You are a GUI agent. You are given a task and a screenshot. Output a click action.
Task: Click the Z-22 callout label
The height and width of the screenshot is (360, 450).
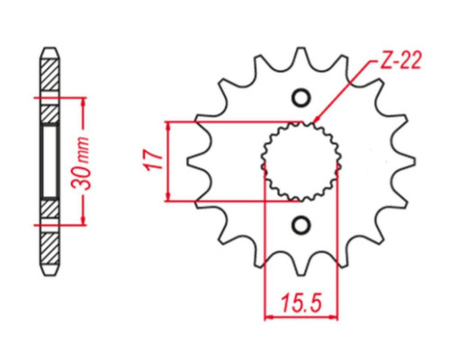click(x=401, y=60)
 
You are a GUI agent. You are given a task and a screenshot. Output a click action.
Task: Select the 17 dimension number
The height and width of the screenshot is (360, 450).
click(x=154, y=161)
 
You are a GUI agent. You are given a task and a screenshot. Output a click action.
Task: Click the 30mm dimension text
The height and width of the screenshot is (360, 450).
click(x=81, y=163)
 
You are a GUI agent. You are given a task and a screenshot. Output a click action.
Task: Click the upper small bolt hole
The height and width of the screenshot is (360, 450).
click(x=301, y=97)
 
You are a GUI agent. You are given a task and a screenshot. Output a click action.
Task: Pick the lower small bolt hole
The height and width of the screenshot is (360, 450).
click(x=301, y=225)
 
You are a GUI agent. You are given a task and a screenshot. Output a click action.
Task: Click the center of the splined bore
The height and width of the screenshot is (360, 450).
click(x=301, y=161)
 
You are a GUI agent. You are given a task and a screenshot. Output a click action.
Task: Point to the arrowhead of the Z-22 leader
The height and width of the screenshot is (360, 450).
click(x=316, y=120)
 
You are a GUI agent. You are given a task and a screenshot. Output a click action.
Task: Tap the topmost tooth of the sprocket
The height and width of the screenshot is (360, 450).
click(x=301, y=56)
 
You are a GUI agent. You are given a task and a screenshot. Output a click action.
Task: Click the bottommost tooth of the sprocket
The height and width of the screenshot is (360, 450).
click(x=301, y=267)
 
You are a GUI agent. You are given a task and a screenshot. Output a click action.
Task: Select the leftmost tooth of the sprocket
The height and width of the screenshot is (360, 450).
click(x=195, y=161)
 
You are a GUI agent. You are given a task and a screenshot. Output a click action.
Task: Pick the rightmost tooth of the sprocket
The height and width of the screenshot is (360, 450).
click(x=407, y=161)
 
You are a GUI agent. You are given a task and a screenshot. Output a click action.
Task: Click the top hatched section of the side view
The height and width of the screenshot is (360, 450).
click(x=49, y=75)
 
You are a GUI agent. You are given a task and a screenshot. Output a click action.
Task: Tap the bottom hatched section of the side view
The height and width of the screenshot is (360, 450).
click(x=49, y=248)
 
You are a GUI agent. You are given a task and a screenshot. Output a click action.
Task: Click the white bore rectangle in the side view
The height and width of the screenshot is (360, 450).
click(x=49, y=161)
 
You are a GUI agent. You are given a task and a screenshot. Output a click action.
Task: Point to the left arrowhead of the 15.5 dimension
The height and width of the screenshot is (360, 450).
click(x=268, y=317)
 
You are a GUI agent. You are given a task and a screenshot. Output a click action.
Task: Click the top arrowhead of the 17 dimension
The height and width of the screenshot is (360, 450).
click(x=168, y=126)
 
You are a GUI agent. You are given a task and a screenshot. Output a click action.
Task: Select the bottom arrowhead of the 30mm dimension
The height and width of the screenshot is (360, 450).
click(x=84, y=220)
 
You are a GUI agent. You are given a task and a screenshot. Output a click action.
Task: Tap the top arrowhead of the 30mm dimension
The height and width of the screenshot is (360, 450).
click(x=84, y=102)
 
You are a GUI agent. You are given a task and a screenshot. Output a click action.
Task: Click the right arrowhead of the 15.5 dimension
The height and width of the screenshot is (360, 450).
click(x=334, y=317)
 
